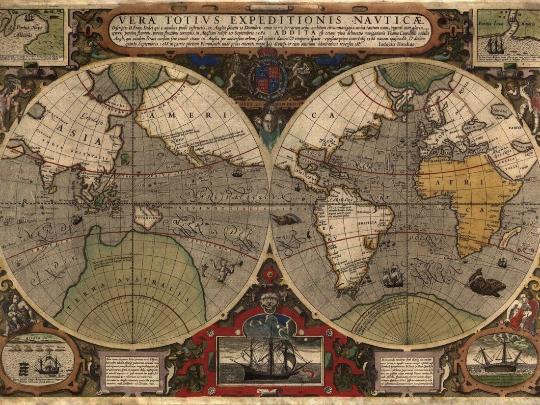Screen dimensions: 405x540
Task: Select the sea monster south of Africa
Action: pyautogui.click(x=486, y=284)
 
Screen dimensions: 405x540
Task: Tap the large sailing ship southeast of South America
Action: pyautogui.click(x=393, y=277)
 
